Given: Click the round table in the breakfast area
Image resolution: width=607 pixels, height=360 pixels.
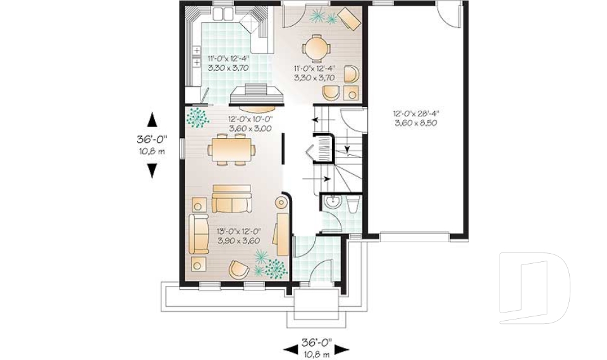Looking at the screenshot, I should click(316, 47).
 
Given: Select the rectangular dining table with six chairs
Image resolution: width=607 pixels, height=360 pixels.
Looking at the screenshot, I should click(231, 150).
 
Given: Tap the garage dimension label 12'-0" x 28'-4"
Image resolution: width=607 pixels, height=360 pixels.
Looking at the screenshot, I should click(415, 113).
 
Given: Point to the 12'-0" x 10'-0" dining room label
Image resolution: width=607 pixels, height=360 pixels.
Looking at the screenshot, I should click(250, 118).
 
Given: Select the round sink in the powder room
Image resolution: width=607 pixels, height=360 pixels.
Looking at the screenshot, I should click(332, 203).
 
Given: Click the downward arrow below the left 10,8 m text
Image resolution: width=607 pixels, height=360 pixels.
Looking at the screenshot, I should click(152, 170).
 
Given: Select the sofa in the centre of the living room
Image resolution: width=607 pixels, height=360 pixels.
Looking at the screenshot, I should click(231, 200).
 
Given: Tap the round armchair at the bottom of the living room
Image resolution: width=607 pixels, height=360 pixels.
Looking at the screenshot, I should click(239, 269).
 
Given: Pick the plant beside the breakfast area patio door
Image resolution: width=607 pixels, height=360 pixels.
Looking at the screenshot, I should click(322, 16).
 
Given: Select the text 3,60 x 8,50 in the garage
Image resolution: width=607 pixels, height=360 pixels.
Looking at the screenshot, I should click(415, 122).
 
